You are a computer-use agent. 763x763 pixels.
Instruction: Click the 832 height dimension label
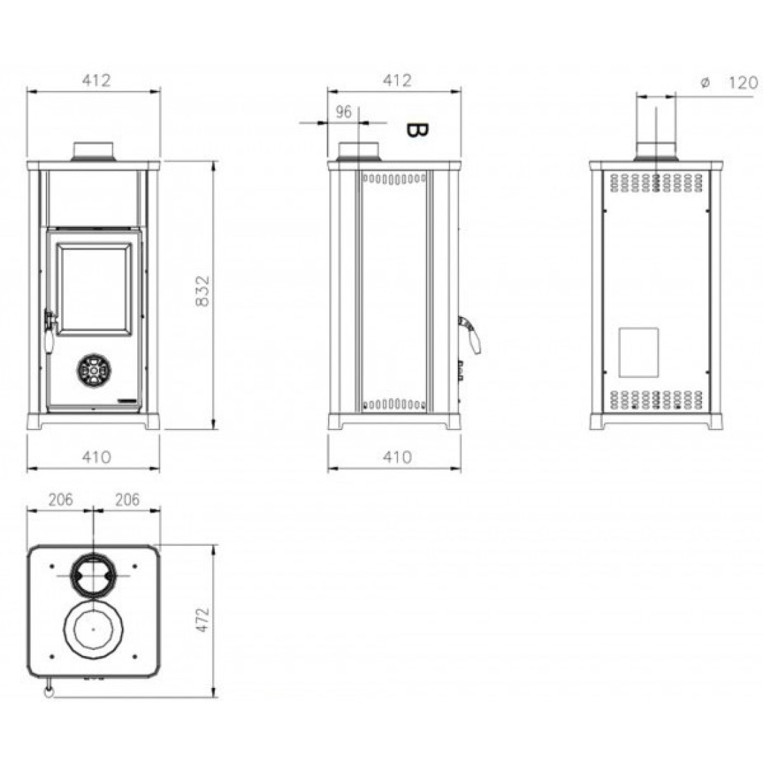pyautogui.click(x=203, y=291)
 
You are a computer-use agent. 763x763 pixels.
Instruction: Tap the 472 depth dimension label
pyautogui.click(x=203, y=619)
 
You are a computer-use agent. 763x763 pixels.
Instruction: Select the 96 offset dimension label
pyautogui.click(x=343, y=112)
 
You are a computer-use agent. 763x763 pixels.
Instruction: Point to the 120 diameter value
pyautogui.click(x=743, y=83)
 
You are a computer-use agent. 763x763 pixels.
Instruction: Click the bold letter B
pyautogui.click(x=417, y=130)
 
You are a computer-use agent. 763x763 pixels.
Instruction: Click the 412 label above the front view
pyautogui.click(x=96, y=80)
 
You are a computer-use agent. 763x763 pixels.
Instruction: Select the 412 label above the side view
pyautogui.click(x=397, y=80)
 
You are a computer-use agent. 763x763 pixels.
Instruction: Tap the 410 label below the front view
pyautogui.click(x=96, y=457)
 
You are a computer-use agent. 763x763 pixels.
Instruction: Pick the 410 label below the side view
pyautogui.click(x=397, y=457)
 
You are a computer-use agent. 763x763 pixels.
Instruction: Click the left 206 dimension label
pyautogui.click(x=60, y=499)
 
